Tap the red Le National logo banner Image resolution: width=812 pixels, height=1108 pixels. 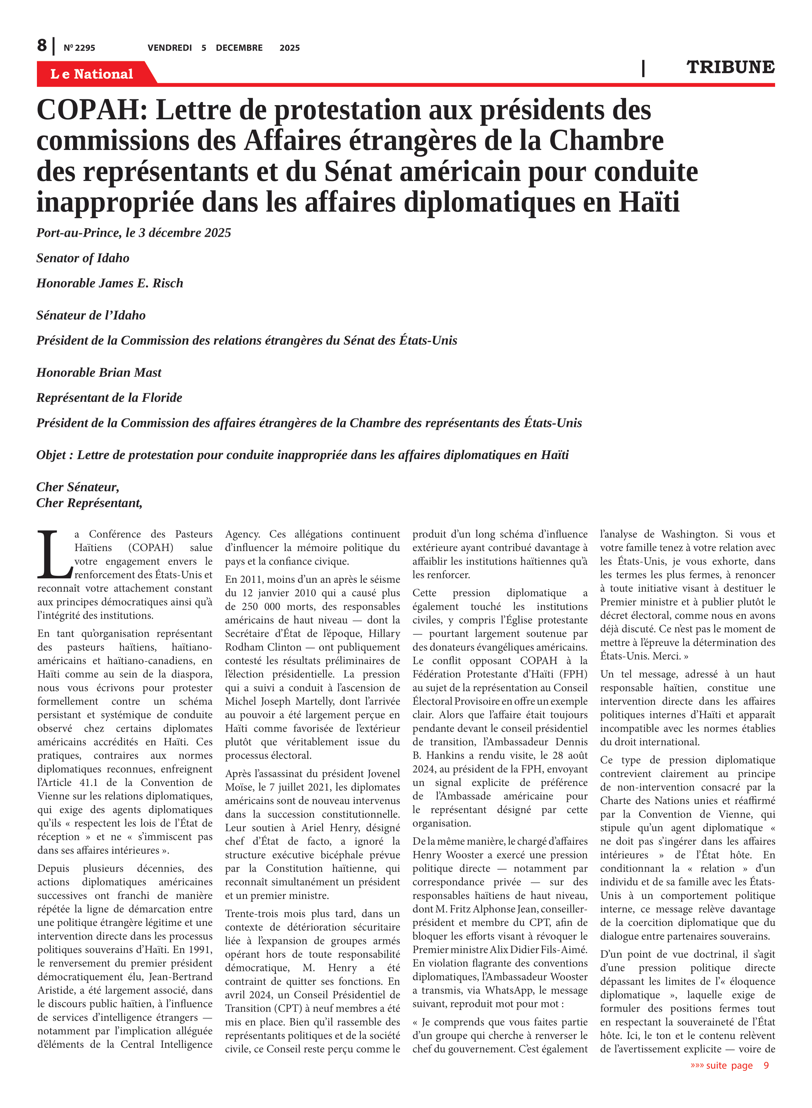92,74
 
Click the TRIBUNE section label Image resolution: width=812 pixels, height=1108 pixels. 730,67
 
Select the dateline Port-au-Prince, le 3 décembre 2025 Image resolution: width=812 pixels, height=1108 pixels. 134,233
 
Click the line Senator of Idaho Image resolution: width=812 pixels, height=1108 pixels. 83,258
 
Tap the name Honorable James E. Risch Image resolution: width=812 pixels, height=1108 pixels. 110,283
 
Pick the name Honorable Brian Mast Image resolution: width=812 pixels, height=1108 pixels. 99,373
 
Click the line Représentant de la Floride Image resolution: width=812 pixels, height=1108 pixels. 109,398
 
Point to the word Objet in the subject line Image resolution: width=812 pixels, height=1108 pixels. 51,455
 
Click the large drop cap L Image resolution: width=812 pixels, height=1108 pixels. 54,554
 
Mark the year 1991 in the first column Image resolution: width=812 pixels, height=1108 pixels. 201,950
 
